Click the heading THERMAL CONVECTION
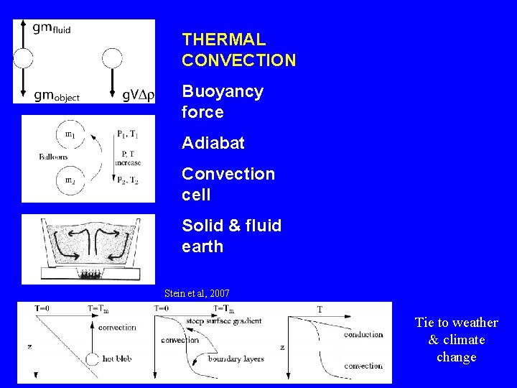tap(238, 50)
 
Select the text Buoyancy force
tap(223, 102)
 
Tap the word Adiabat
tap(213, 143)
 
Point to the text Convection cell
tap(228, 184)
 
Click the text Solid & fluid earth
tap(231, 236)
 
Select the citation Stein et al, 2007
tap(197, 293)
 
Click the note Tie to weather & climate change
tap(456, 339)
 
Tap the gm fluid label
tap(52, 28)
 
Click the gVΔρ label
tap(138, 95)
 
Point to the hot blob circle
tap(91, 359)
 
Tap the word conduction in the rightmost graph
tap(363, 334)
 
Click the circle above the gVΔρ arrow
tap(113, 58)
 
